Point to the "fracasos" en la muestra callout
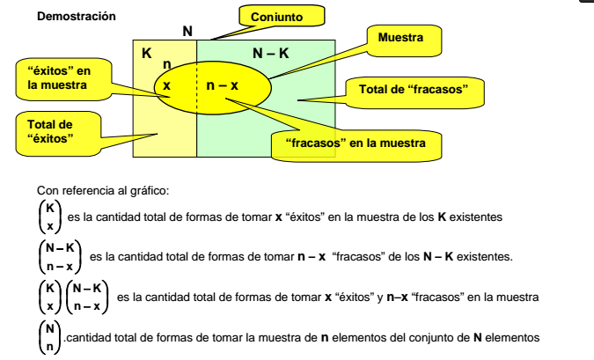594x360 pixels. coord(356,142)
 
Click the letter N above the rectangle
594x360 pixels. coord(187,32)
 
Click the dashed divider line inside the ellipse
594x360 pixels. coord(196,85)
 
